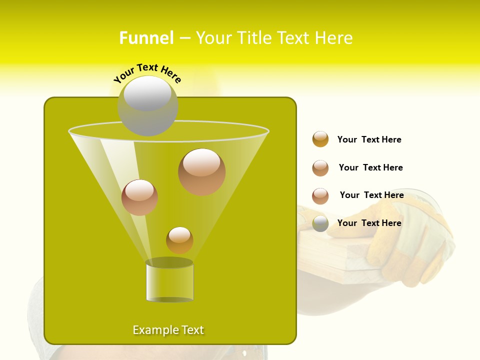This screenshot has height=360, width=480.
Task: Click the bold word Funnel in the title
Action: click(x=146, y=38)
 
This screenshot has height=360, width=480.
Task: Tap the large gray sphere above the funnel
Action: click(x=147, y=106)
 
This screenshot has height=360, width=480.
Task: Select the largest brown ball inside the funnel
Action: click(x=201, y=172)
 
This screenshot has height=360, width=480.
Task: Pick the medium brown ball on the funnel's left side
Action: click(x=139, y=197)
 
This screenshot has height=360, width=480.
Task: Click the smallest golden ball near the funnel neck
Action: click(x=179, y=240)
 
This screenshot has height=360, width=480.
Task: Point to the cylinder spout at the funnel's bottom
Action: click(x=169, y=281)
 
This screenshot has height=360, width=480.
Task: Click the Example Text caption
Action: click(x=168, y=330)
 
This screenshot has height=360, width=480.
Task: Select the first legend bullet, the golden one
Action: click(x=320, y=139)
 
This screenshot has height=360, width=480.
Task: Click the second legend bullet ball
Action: click(x=320, y=168)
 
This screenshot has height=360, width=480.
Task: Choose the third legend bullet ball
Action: click(x=320, y=196)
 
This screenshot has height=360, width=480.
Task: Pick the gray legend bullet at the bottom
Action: click(x=320, y=223)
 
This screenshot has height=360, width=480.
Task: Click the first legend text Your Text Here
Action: click(x=369, y=139)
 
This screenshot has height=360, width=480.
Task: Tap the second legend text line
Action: click(x=370, y=167)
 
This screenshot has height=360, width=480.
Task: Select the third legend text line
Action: click(x=371, y=195)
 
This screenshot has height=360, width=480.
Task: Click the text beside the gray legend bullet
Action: click(x=369, y=223)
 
